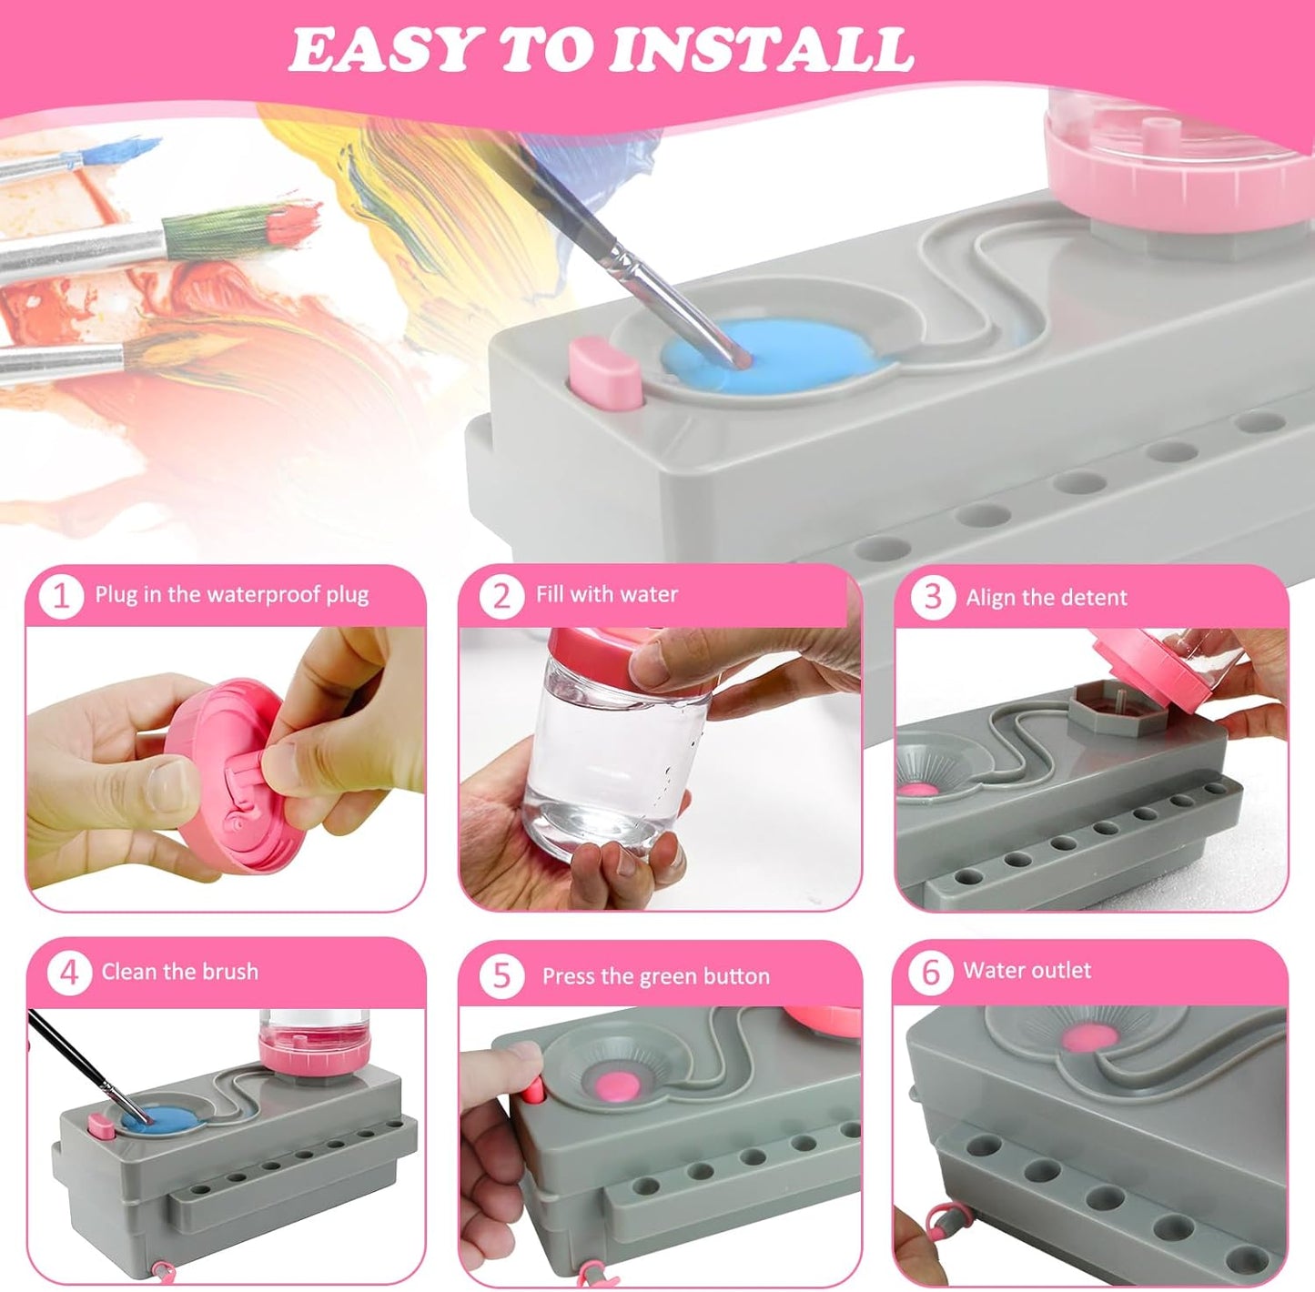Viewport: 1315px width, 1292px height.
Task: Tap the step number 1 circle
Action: [61, 596]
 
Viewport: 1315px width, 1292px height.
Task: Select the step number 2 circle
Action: [501, 596]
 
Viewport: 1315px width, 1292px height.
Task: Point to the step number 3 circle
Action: [932, 598]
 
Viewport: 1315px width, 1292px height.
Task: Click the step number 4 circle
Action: [69, 973]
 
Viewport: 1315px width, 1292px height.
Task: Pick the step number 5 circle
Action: [501, 976]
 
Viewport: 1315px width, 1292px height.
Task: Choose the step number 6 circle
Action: [930, 972]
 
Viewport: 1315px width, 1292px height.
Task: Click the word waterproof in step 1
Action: [264, 595]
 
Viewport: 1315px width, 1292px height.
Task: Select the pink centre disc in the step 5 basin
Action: [621, 1083]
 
